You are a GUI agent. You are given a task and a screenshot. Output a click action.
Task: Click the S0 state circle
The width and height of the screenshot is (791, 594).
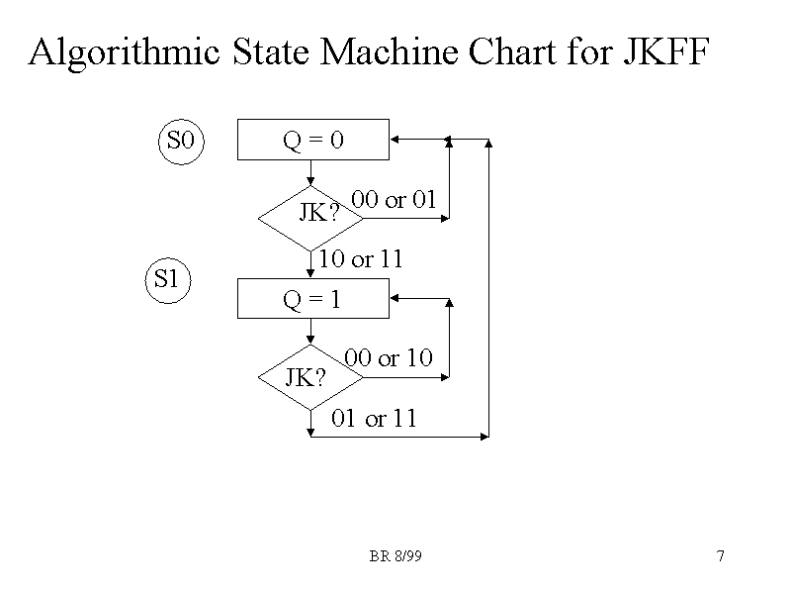[x=182, y=142]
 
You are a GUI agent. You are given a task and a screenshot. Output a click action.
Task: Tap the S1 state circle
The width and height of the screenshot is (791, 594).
[x=168, y=280]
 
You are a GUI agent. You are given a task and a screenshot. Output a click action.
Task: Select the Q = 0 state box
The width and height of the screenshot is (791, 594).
[x=312, y=141]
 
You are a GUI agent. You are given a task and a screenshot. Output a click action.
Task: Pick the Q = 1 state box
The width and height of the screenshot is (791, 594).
[x=312, y=299]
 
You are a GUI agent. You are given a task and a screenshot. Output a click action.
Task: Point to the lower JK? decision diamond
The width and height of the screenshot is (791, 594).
[x=309, y=378]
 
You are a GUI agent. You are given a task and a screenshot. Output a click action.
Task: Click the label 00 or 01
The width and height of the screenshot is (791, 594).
[x=394, y=200]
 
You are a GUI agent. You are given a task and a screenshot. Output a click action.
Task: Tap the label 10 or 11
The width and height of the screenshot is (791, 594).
[x=361, y=260]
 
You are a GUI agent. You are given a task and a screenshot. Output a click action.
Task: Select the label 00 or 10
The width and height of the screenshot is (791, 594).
[x=388, y=358]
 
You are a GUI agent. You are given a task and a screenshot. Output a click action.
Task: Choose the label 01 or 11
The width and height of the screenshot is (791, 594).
[x=375, y=419]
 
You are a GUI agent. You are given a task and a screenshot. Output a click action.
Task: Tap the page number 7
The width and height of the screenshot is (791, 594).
[x=721, y=556]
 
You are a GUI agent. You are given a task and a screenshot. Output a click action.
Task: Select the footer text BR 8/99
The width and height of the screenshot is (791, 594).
[x=395, y=556]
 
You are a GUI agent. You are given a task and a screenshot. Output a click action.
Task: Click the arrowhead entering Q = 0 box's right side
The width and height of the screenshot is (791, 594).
[x=395, y=141]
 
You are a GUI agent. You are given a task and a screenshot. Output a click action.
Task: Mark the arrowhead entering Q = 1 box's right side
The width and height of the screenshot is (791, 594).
[x=395, y=298]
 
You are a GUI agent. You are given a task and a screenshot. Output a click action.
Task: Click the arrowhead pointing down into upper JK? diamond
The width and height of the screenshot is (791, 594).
[x=311, y=181]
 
